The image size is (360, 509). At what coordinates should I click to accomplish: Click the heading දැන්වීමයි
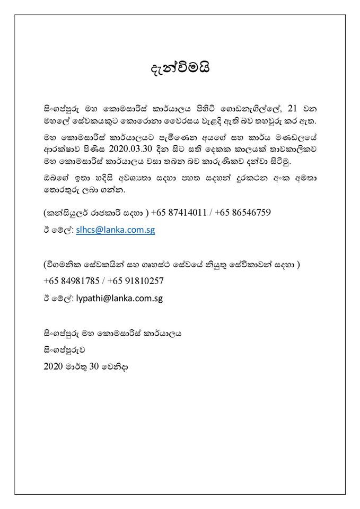click(180, 69)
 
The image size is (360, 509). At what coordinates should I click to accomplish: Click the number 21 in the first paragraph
click(292, 109)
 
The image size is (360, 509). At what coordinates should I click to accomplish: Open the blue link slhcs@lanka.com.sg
click(115, 231)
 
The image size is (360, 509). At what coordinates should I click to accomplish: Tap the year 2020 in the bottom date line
click(54, 366)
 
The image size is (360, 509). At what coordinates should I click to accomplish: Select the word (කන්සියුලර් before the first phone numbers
click(65, 213)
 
